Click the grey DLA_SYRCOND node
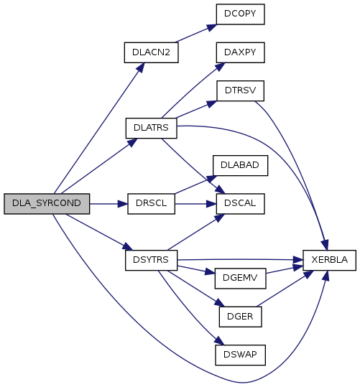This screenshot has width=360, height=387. pyautogui.click(x=47, y=204)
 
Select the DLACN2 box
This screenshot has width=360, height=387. pyautogui.click(x=151, y=52)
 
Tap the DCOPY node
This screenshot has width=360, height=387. pyautogui.click(x=241, y=14)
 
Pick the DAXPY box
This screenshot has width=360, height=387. pyautogui.click(x=241, y=52)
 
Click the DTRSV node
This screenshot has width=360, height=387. pyautogui.click(x=241, y=90)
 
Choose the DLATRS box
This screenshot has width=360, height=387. pyautogui.click(x=151, y=128)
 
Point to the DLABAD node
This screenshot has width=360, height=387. pyautogui.click(x=240, y=165)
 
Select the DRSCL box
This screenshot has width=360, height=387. pyautogui.click(x=151, y=204)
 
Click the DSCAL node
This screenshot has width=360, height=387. pyautogui.click(x=241, y=204)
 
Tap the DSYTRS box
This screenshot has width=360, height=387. pyautogui.click(x=151, y=260)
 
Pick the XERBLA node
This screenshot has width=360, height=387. pyautogui.click(x=329, y=260)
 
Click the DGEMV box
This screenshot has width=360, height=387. pyautogui.click(x=241, y=279)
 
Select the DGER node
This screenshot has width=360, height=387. pyautogui.click(x=241, y=317)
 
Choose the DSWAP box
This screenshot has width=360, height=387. pyautogui.click(x=241, y=355)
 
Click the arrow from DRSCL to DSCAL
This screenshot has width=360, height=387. pyautogui.click(x=195, y=204)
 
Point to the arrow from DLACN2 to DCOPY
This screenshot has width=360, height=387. pyautogui.click(x=196, y=33)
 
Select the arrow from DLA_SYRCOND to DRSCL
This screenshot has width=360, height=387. pyautogui.click(x=109, y=204)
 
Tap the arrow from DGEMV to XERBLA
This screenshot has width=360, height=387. pyautogui.click(x=285, y=269)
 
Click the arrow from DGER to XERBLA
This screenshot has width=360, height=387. pyautogui.click(x=285, y=289)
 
